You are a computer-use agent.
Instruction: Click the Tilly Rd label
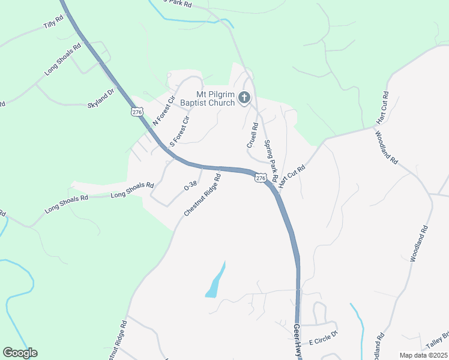tap(53, 25)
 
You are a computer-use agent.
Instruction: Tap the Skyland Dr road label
tap(101, 98)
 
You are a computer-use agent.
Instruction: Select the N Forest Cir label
tap(163, 109)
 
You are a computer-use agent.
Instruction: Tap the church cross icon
tap(244, 97)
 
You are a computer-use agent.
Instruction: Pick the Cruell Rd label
tap(252, 136)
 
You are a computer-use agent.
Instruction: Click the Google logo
tap(20, 353)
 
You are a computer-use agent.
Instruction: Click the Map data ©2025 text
tap(423, 355)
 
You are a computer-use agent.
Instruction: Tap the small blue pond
tap(215, 281)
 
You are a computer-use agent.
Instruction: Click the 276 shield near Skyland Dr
tap(137, 112)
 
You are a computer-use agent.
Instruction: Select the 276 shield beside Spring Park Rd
tap(260, 178)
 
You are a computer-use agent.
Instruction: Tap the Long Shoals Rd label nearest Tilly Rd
tap(62, 59)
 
